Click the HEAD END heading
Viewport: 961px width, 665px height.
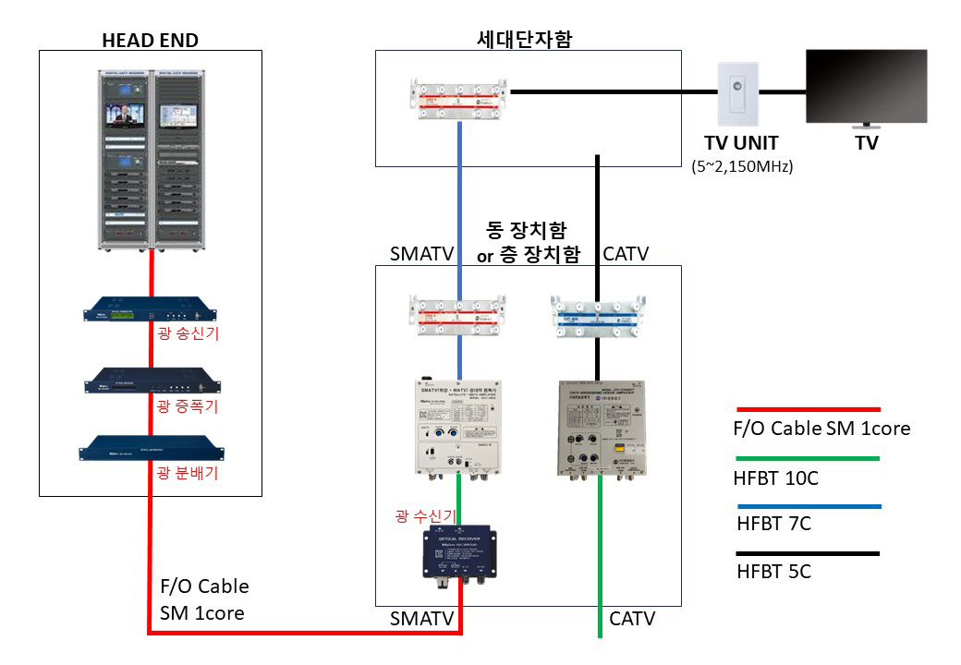pyautogui.click(x=150, y=39)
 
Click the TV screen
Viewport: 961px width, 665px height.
pyautogui.click(x=866, y=88)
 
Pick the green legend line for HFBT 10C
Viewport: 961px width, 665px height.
pyautogui.click(x=808, y=457)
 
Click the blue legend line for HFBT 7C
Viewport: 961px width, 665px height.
pyautogui.click(x=808, y=506)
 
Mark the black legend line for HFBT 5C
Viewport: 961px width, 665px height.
pyautogui.click(x=808, y=553)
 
